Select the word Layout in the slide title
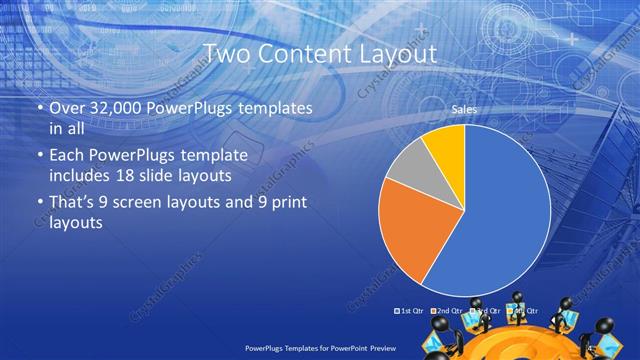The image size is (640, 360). pos(395,54)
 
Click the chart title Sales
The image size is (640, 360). pos(463,109)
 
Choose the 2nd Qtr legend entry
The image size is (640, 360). pos(446,310)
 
